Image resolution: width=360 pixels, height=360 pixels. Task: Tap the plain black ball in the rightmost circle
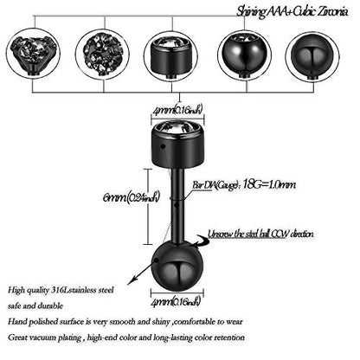tap(312, 56)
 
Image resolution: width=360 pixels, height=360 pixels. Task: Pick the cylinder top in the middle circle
tap(171, 56)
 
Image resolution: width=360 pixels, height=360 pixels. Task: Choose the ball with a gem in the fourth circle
tap(244, 55)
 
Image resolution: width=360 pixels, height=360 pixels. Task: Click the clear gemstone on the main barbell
tap(177, 127)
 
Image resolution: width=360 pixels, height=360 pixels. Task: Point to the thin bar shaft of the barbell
tap(177, 205)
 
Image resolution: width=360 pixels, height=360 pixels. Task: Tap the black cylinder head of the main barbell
tap(177, 145)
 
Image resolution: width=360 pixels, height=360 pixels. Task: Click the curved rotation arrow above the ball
tap(201, 241)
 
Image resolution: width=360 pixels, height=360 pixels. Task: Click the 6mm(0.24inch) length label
tap(131, 197)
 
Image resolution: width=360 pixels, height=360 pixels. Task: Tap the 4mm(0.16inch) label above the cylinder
tap(177, 110)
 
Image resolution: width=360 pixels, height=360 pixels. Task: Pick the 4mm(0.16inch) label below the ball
tap(175, 302)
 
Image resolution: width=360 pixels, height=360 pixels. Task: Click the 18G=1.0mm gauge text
tap(269, 183)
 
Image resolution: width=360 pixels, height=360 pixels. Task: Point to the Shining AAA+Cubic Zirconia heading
tap(292, 11)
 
